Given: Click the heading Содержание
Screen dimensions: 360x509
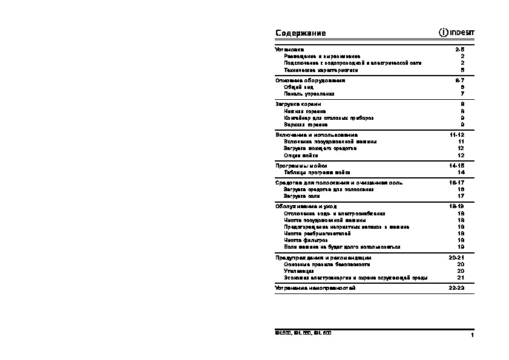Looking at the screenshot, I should pos(300,33).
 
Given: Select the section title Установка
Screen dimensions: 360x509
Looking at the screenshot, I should pos(289,49).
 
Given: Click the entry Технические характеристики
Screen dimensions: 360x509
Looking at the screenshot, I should pos(317,70).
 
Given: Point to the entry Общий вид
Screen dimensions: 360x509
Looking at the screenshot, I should pos(298,87).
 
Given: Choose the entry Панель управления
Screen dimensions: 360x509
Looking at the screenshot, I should pos(309,94).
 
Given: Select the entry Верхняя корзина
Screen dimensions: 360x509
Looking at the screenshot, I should pos(306,125).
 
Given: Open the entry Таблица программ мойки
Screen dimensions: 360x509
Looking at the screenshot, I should pos(317,172).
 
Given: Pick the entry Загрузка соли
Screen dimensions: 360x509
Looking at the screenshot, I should pos(302,196).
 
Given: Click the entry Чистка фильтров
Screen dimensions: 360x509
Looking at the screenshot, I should pos(306,240).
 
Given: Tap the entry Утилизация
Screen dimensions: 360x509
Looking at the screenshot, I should pos(298,271).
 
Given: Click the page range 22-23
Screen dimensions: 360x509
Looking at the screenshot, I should pos(457,288).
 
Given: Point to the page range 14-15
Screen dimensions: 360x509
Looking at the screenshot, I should pos(457,165).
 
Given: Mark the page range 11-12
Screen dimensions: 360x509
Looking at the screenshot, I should pos(457,134).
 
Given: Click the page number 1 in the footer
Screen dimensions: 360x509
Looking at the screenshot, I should pos(471,335).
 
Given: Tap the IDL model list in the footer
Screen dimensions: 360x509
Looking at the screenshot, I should pos(303,333).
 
